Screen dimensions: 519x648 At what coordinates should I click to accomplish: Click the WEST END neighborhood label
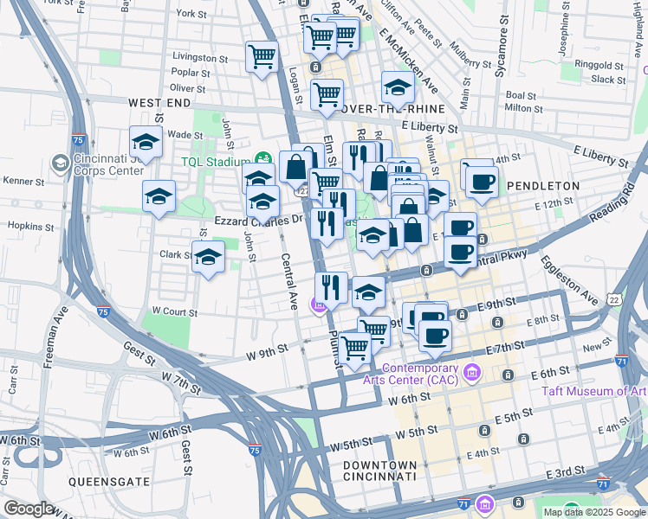click(x=159, y=103)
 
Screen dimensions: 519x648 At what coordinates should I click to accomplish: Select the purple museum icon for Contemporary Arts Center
click(x=472, y=373)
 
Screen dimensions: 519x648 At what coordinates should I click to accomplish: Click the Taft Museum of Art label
click(x=594, y=391)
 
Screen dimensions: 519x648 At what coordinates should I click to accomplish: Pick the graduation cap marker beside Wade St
click(x=146, y=143)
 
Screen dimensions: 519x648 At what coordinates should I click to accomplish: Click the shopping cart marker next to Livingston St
click(x=262, y=58)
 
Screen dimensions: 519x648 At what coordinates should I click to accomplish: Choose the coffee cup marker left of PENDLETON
click(x=482, y=181)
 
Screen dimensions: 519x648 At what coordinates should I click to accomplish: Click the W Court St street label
click(x=173, y=311)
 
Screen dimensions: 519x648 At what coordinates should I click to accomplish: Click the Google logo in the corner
click(x=30, y=509)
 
